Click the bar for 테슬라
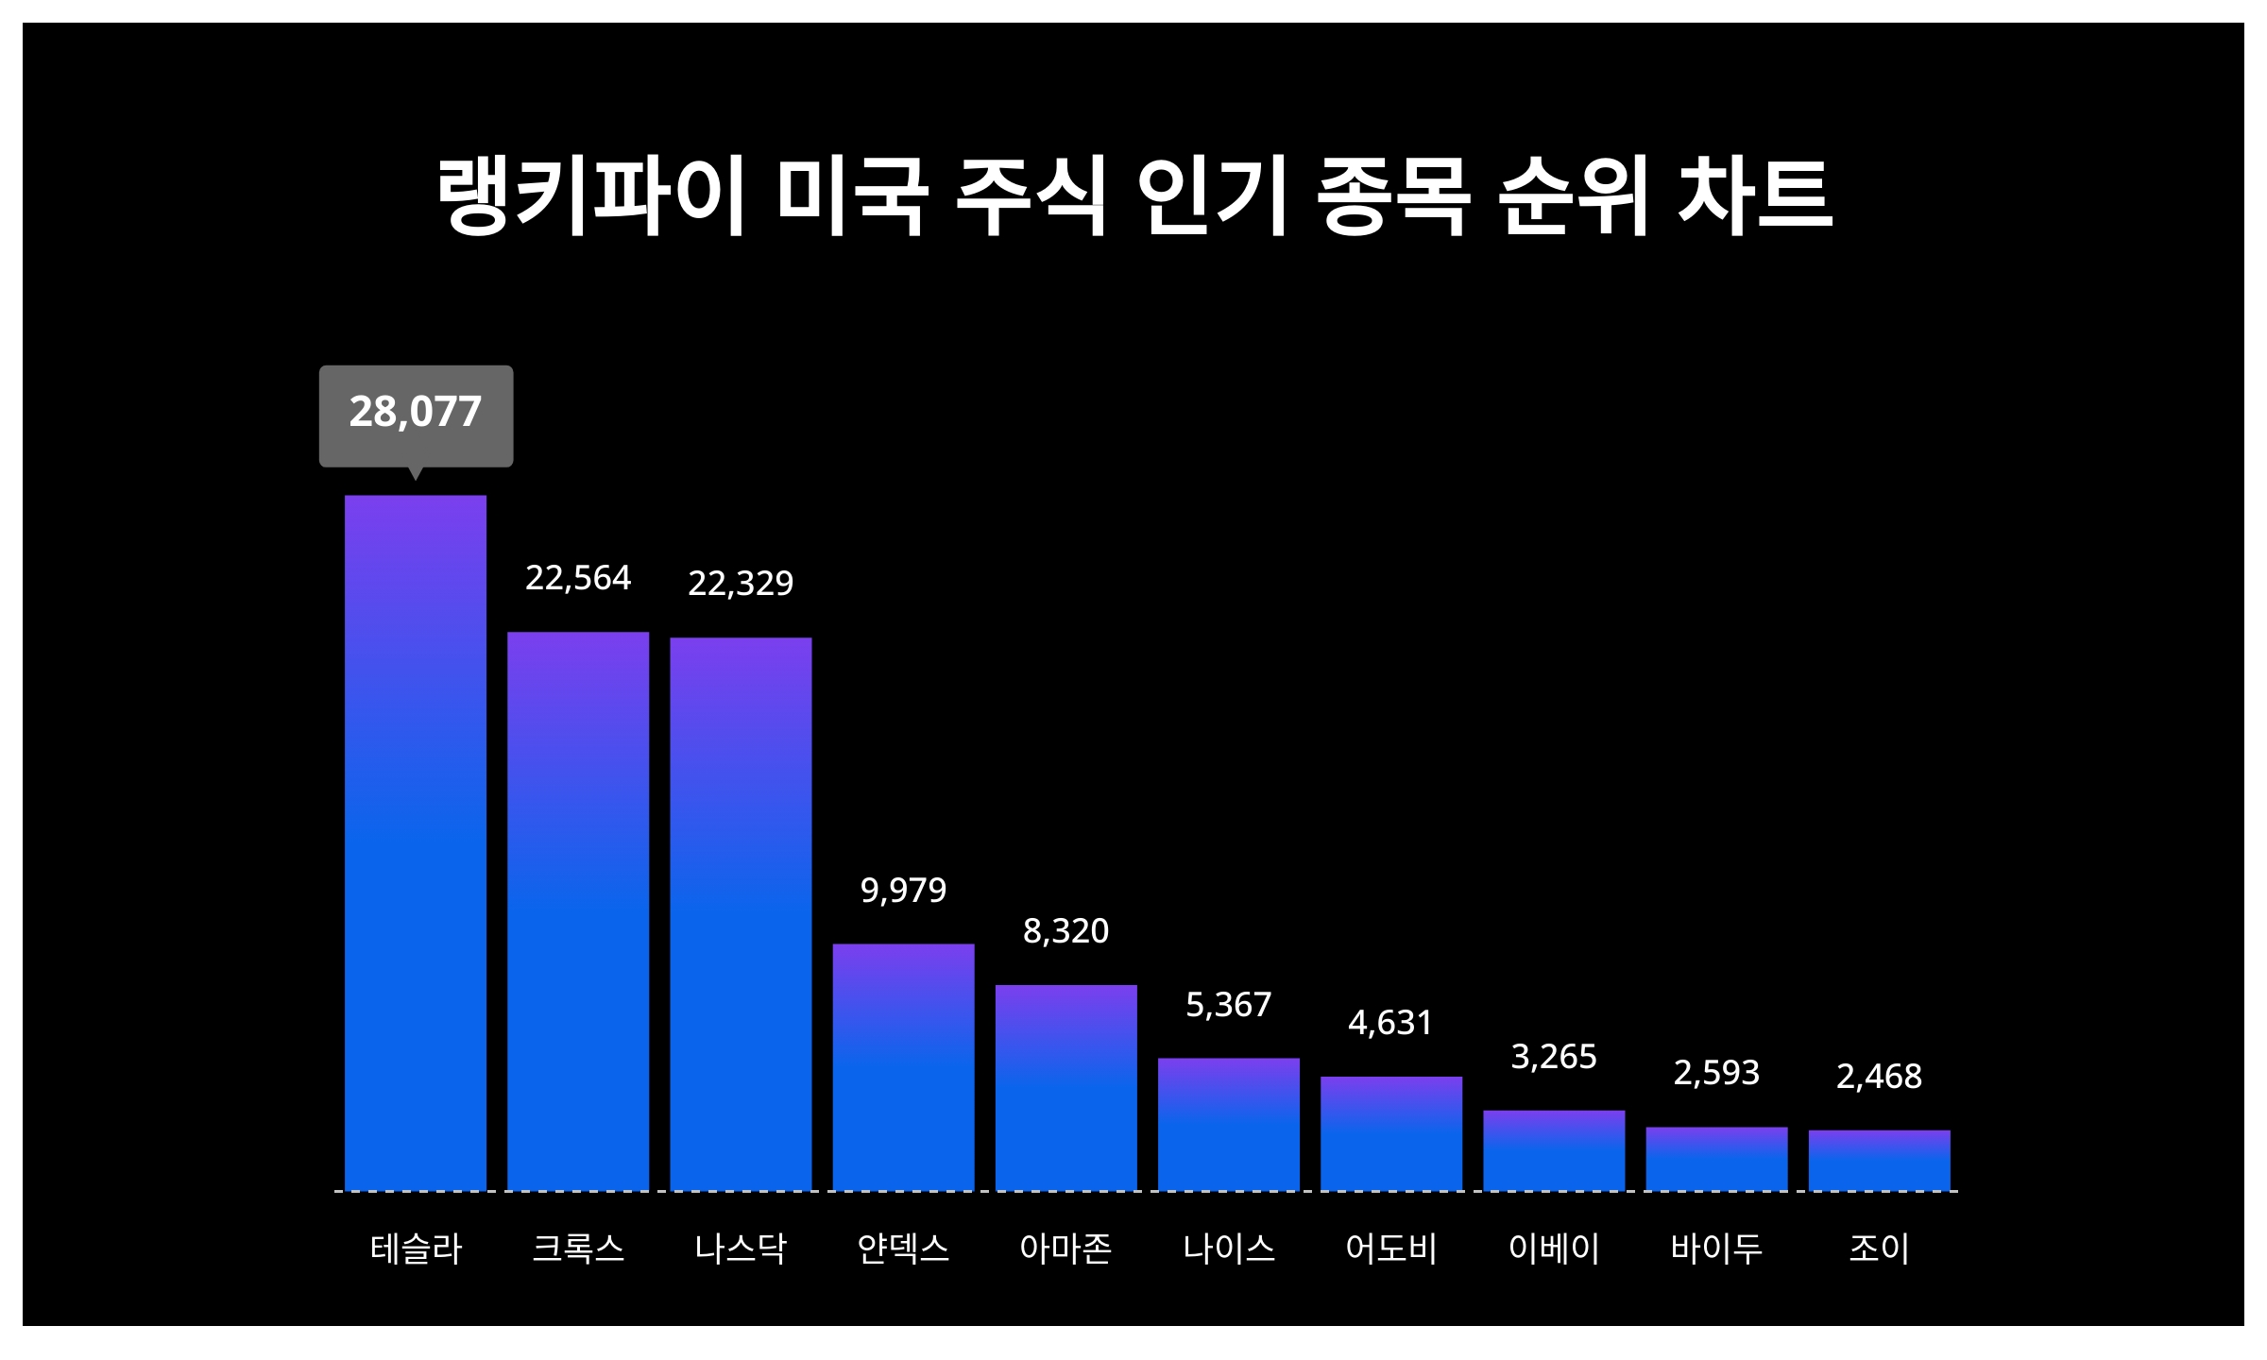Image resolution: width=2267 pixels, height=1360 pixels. (x=416, y=842)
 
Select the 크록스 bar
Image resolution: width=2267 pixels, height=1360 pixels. (x=578, y=910)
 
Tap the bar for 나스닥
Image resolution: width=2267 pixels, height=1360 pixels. (x=741, y=913)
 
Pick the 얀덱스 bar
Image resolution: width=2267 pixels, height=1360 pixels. (x=903, y=1067)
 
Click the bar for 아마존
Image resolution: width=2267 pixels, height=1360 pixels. (x=1065, y=1087)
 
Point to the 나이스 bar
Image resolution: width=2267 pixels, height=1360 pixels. (x=1228, y=1124)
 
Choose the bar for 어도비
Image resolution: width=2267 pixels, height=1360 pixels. (x=1390, y=1133)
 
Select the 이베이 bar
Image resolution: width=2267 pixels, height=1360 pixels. (x=1554, y=1150)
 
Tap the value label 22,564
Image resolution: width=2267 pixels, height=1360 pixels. (x=578, y=578)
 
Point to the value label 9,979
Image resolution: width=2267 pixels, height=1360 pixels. (x=903, y=890)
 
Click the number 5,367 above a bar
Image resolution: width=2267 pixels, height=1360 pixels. (x=1228, y=1005)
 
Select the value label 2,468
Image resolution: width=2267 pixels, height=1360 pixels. (x=1879, y=1077)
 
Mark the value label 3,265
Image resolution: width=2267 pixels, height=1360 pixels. (x=1554, y=1057)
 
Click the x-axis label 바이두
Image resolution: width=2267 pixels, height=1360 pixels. (x=1716, y=1249)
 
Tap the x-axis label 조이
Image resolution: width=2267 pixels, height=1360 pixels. (x=1879, y=1249)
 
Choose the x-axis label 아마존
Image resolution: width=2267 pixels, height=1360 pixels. (x=1065, y=1249)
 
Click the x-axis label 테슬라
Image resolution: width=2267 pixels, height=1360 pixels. (x=416, y=1249)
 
